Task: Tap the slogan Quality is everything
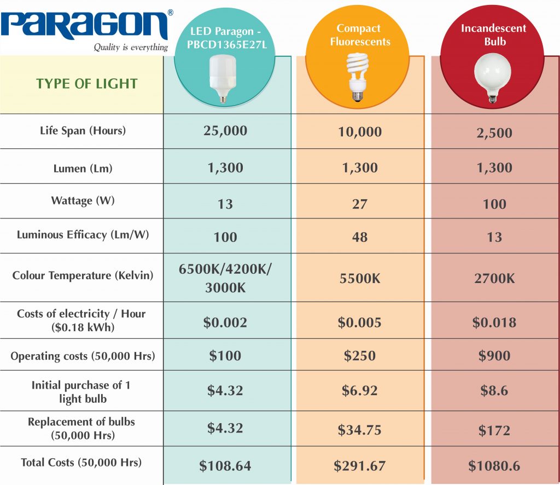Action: (x=130, y=48)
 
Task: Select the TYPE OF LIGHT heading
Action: (x=87, y=84)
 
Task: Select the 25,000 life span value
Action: (x=225, y=131)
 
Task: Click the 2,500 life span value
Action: (x=494, y=133)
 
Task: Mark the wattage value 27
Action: (x=359, y=204)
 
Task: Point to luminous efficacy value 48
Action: (x=359, y=237)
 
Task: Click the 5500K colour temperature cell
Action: (x=359, y=278)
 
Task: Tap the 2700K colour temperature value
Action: (x=494, y=278)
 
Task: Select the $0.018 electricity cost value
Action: (x=494, y=322)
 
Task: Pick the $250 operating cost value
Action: (x=359, y=356)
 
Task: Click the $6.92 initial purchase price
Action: (x=359, y=391)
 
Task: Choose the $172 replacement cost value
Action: (x=494, y=431)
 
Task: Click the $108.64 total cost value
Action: (x=225, y=466)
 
